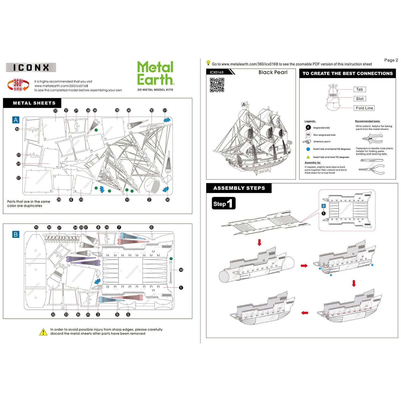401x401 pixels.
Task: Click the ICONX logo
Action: (31, 68)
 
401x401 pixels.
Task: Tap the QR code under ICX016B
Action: (217, 85)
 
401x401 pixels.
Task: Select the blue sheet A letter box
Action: (16, 120)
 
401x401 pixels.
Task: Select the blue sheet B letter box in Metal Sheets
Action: (16, 234)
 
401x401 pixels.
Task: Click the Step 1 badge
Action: (224, 203)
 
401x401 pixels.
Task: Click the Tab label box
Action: (359, 89)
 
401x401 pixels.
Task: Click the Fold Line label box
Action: (364, 108)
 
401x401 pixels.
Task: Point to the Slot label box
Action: (359, 99)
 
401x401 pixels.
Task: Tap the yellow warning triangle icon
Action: (43, 332)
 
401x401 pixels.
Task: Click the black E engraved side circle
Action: (308, 128)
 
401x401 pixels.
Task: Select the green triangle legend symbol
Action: (308, 157)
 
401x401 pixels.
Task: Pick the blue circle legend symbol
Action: (308, 149)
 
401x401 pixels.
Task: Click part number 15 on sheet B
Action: (36, 227)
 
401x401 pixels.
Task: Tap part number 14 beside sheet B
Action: (181, 270)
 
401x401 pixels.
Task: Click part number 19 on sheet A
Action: (17, 129)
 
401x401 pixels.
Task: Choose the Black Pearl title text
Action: (273, 72)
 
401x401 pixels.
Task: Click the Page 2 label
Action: (391, 60)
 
